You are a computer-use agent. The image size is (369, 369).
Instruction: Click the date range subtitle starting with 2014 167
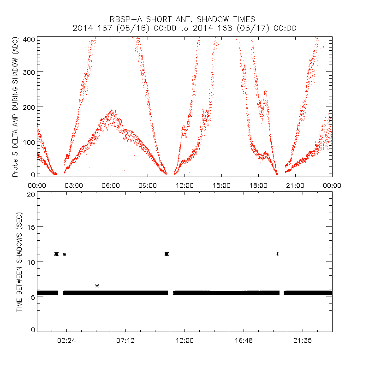[184, 28]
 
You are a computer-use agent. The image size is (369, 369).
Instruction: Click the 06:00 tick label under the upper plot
[111, 185]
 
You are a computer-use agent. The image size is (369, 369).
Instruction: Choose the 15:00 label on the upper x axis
[221, 185]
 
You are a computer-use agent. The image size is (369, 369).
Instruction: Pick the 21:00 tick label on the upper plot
[295, 185]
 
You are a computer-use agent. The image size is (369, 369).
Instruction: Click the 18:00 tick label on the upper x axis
[258, 185]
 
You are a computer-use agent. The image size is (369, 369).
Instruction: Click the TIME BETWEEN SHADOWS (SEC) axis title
[19, 261]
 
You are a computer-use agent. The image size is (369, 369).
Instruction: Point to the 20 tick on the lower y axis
[31, 194]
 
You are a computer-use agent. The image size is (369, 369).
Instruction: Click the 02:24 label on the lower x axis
[66, 341]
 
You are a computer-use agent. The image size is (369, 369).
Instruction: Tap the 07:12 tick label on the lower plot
[125, 341]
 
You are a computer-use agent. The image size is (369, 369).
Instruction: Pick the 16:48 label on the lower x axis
[244, 341]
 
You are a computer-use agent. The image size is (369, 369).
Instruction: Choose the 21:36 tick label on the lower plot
[303, 341]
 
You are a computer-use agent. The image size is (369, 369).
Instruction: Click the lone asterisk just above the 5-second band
[97, 286]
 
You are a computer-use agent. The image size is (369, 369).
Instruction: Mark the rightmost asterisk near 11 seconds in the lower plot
[277, 254]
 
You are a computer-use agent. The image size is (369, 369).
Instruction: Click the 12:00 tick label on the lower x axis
[184, 341]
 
